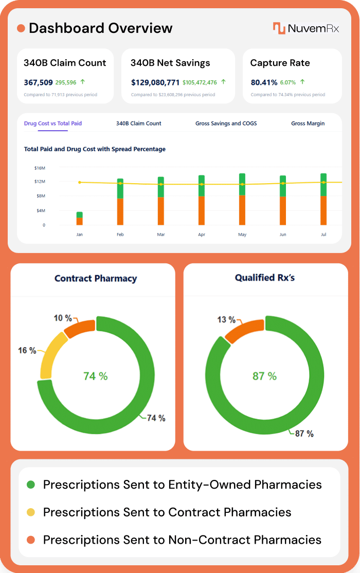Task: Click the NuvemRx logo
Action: [305, 28]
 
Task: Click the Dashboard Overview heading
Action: [100, 28]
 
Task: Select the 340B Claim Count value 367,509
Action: [38, 82]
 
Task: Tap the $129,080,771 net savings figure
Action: [155, 82]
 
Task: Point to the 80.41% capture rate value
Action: [264, 82]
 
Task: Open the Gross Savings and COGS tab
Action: [226, 123]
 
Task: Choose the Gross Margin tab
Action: [308, 123]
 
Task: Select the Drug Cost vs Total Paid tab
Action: [53, 123]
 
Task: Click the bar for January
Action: [80, 219]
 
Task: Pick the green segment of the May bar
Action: [242, 185]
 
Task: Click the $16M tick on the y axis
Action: [40, 168]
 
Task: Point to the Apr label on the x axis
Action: [202, 235]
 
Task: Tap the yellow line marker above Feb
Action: [120, 183]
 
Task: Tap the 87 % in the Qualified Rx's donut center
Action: [264, 376]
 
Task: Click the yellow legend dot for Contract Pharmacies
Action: [31, 512]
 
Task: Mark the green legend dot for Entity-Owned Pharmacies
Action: [31, 485]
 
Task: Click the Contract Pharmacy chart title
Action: [96, 278]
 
